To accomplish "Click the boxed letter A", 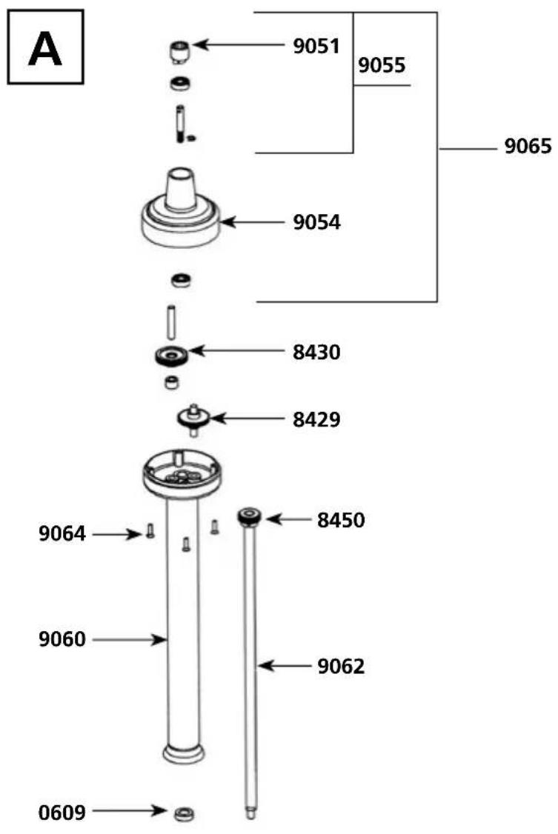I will click(45, 47).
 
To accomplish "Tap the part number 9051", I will click(315, 46).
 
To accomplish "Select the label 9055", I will click(382, 65).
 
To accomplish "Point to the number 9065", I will click(528, 147).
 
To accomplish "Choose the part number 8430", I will click(316, 352).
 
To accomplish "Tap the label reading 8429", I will click(316, 420).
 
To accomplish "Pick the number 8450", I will click(341, 520).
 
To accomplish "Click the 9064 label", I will click(62, 533).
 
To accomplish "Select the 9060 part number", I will click(62, 638).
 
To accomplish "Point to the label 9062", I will click(341, 666).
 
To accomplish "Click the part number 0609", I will click(62, 813).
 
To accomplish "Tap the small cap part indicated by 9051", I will click(178, 52).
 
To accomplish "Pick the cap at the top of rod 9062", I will click(249, 516).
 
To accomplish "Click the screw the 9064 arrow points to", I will click(150, 531).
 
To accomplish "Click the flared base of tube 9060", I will click(183, 754).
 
